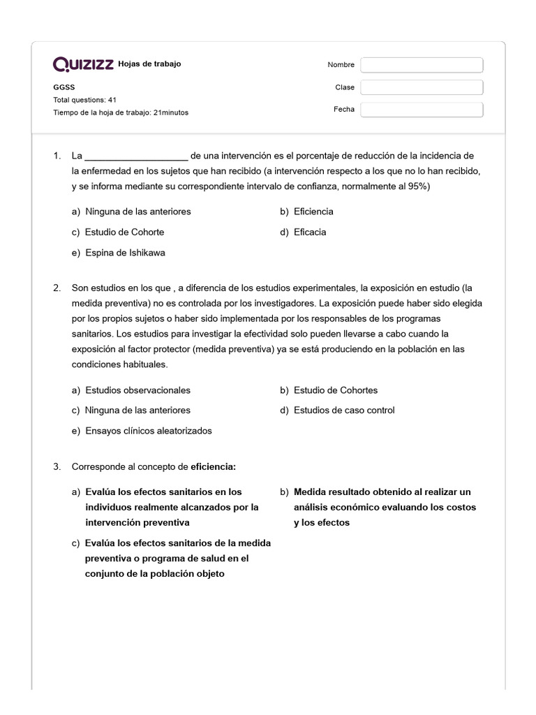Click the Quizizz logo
click(x=84, y=65)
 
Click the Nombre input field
click(x=422, y=65)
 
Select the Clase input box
click(x=422, y=87)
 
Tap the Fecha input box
click(x=422, y=110)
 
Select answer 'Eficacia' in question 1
click(x=310, y=232)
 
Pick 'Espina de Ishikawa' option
click(x=125, y=253)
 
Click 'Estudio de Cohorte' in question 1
click(x=124, y=232)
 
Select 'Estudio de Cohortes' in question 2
click(x=336, y=390)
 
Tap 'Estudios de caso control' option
click(x=344, y=411)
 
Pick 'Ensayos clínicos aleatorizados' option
click(x=148, y=431)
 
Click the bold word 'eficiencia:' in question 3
click(x=214, y=466)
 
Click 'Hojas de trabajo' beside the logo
click(x=149, y=64)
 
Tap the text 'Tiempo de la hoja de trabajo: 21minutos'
click(x=121, y=112)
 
